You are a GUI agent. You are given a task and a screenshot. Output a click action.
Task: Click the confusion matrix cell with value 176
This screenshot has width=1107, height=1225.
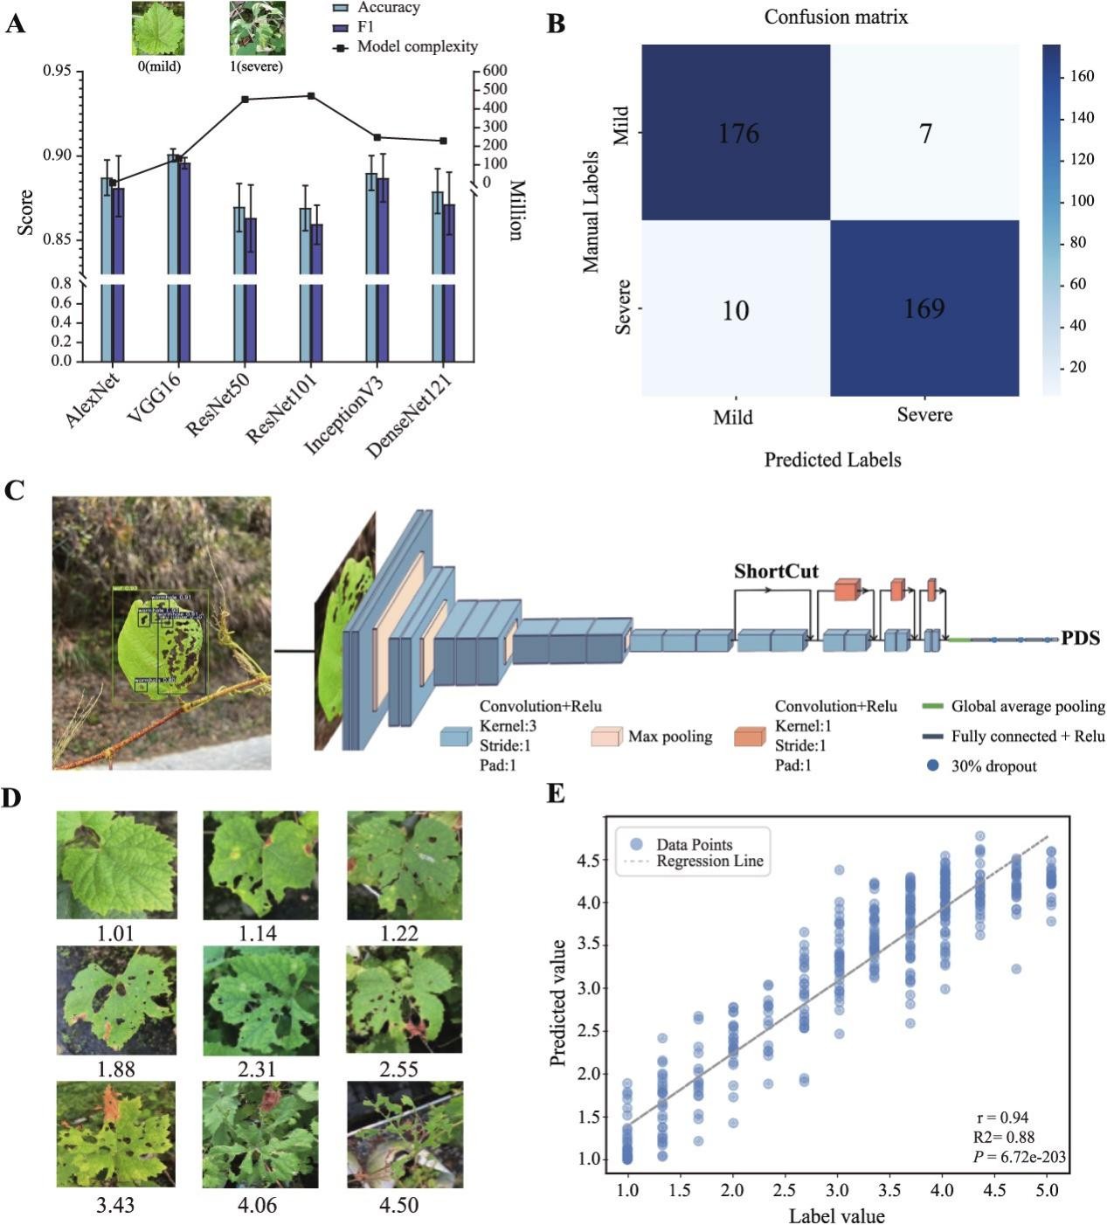(736, 133)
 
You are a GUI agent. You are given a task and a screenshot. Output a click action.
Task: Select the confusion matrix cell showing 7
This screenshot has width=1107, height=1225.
(924, 133)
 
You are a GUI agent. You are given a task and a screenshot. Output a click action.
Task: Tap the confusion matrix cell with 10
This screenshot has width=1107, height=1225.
(736, 309)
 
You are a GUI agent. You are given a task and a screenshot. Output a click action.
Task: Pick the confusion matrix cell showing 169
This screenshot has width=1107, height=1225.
(924, 308)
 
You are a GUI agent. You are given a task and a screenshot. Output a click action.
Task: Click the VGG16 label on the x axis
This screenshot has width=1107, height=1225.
(154, 398)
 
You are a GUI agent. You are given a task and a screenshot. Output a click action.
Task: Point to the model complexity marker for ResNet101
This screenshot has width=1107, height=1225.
(311, 96)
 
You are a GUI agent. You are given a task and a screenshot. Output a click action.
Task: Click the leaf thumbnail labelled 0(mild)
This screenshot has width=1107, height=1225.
(158, 28)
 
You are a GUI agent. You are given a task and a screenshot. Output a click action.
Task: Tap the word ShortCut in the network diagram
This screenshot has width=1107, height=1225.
(776, 572)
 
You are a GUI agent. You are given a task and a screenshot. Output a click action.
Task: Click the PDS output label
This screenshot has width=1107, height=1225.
(1080, 639)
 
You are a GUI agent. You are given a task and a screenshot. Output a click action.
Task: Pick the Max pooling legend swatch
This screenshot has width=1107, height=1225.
(606, 737)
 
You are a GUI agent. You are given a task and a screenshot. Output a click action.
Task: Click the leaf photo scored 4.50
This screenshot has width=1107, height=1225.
(405, 1134)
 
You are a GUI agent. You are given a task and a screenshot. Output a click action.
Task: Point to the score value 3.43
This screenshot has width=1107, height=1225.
(115, 1205)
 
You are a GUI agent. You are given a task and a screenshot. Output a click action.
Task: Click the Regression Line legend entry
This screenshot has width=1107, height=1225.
(709, 862)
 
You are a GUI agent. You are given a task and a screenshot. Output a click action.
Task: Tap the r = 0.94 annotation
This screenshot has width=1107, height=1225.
(1002, 1118)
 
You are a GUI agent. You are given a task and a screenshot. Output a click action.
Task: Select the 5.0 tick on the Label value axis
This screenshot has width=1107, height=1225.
(1047, 1190)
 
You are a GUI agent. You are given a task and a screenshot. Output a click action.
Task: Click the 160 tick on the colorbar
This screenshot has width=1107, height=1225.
(1082, 77)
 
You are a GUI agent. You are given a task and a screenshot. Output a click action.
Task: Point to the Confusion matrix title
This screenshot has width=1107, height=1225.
(836, 17)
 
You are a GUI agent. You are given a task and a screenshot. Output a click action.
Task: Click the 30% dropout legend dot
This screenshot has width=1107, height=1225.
(933, 766)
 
